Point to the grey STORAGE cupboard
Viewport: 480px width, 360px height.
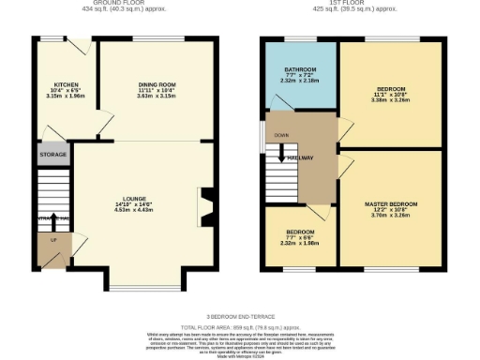[52, 154]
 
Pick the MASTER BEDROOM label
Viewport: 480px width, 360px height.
[390, 203]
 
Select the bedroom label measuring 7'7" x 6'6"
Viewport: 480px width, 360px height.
[300, 232]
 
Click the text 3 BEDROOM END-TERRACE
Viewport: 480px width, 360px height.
[239, 317]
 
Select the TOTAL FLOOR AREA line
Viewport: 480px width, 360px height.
[239, 328]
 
